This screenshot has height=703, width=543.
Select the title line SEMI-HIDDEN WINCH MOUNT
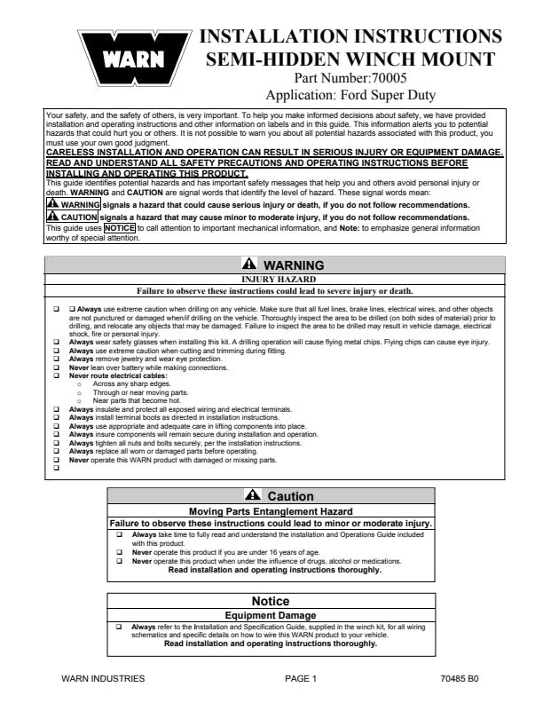tap(351, 59)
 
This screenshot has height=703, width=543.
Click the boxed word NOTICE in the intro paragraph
tap(119, 227)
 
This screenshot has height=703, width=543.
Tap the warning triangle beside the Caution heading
tap(254, 496)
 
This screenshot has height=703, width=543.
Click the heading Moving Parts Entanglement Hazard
tap(271, 511)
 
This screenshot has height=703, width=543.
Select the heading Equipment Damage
tap(271, 615)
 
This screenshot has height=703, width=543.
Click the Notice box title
tap(271, 601)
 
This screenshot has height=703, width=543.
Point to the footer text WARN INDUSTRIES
tap(102, 679)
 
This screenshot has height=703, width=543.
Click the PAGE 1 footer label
tap(301, 679)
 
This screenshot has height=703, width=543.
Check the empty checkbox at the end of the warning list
tap(56, 468)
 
